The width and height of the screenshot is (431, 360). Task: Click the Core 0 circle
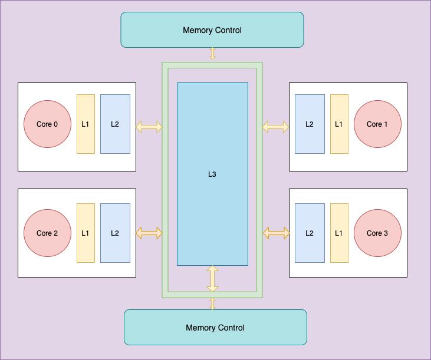47,124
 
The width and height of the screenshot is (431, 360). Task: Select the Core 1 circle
377,124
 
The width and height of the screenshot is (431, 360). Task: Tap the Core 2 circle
47,233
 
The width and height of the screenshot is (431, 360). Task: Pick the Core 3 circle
377,233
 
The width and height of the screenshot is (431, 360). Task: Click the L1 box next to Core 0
85,124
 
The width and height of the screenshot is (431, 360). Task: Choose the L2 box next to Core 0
115,124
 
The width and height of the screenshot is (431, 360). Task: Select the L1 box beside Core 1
339,124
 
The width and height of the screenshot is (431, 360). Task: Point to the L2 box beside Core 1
310,124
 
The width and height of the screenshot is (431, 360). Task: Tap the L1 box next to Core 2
85,233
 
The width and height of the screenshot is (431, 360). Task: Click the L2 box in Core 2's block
115,233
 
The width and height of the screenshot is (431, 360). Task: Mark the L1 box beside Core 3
339,233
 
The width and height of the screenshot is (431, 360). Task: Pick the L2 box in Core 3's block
310,233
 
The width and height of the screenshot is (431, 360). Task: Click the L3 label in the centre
212,174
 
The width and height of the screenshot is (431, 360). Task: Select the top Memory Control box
212,30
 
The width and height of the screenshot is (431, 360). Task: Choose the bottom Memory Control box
215,328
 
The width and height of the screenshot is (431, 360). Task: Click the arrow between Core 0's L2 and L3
149,127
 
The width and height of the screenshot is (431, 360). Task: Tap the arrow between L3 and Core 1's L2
275,127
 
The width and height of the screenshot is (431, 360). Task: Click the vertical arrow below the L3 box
213,279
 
